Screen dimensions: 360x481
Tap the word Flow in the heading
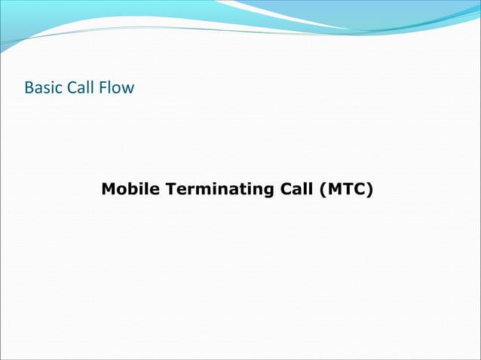pyautogui.click(x=116, y=88)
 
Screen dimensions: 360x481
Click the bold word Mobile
pyautogui.click(x=130, y=189)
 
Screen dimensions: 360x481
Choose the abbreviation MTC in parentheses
pyautogui.click(x=345, y=189)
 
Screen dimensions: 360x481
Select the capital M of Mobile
pyautogui.click(x=108, y=189)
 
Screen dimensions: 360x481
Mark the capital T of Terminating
pyautogui.click(x=170, y=189)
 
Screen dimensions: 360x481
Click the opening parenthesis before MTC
pyautogui.click(x=322, y=189)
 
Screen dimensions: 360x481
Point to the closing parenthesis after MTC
pyautogui.click(x=369, y=189)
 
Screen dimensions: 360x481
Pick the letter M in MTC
pyautogui.click(x=332, y=189)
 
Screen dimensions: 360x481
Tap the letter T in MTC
pyautogui.click(x=346, y=189)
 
